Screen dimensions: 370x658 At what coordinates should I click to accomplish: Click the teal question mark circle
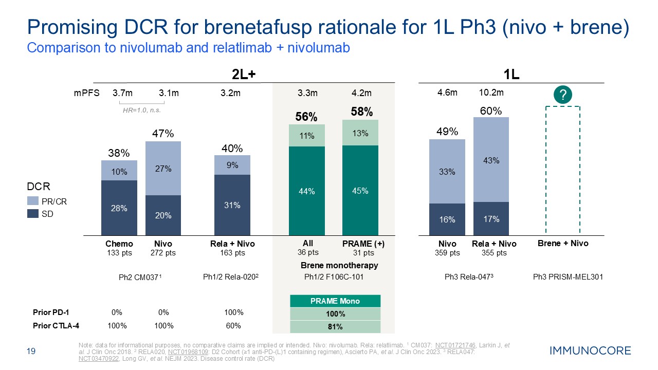[x=563, y=95]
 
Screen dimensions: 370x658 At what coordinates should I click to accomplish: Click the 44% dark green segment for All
[x=306, y=191]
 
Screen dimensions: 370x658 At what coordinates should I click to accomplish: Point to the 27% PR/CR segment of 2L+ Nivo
[x=163, y=169]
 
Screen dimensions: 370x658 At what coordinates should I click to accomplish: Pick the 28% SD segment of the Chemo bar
[x=119, y=208]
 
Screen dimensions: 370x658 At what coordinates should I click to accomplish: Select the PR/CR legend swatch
[x=32, y=202]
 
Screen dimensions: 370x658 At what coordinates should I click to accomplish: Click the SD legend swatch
[x=32, y=214]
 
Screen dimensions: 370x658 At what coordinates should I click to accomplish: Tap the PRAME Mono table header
[x=335, y=301]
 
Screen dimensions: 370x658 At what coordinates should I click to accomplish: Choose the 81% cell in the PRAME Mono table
[x=335, y=327]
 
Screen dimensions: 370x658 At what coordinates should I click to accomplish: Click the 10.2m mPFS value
[x=490, y=93]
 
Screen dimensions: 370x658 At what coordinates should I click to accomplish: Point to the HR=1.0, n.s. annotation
[x=138, y=110]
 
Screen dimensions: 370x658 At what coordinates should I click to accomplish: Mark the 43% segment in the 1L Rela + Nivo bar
[x=491, y=160]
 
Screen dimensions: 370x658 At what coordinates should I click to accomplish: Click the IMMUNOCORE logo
[x=590, y=351]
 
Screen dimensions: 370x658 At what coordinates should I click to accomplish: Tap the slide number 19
[x=30, y=351]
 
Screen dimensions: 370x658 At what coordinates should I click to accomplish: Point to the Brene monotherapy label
[x=339, y=265]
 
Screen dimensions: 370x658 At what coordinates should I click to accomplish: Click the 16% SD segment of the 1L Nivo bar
[x=447, y=219]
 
